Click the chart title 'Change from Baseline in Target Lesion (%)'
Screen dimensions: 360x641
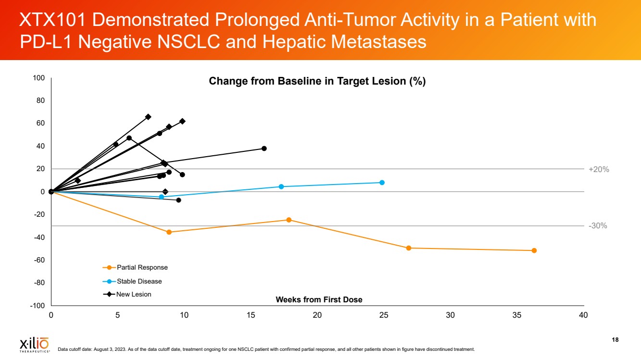(x=317, y=81)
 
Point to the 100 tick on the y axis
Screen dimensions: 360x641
(x=39, y=78)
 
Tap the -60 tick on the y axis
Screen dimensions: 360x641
(x=39, y=260)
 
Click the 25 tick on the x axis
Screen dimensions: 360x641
(x=384, y=315)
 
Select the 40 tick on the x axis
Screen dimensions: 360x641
(x=583, y=315)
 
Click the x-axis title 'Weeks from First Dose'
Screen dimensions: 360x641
(x=319, y=299)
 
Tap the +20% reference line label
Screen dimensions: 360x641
(x=599, y=169)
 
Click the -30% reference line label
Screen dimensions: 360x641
(x=598, y=225)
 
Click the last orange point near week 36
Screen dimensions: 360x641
(x=534, y=250)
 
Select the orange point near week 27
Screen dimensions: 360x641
(x=409, y=248)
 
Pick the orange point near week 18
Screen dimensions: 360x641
(x=289, y=220)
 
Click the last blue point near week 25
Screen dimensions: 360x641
(x=382, y=183)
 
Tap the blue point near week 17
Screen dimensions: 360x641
(x=281, y=186)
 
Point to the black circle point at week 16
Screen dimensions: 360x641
(x=264, y=149)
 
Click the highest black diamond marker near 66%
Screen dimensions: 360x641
(x=148, y=117)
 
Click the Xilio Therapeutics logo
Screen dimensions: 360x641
(x=34, y=344)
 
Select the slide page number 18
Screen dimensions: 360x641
(x=615, y=340)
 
